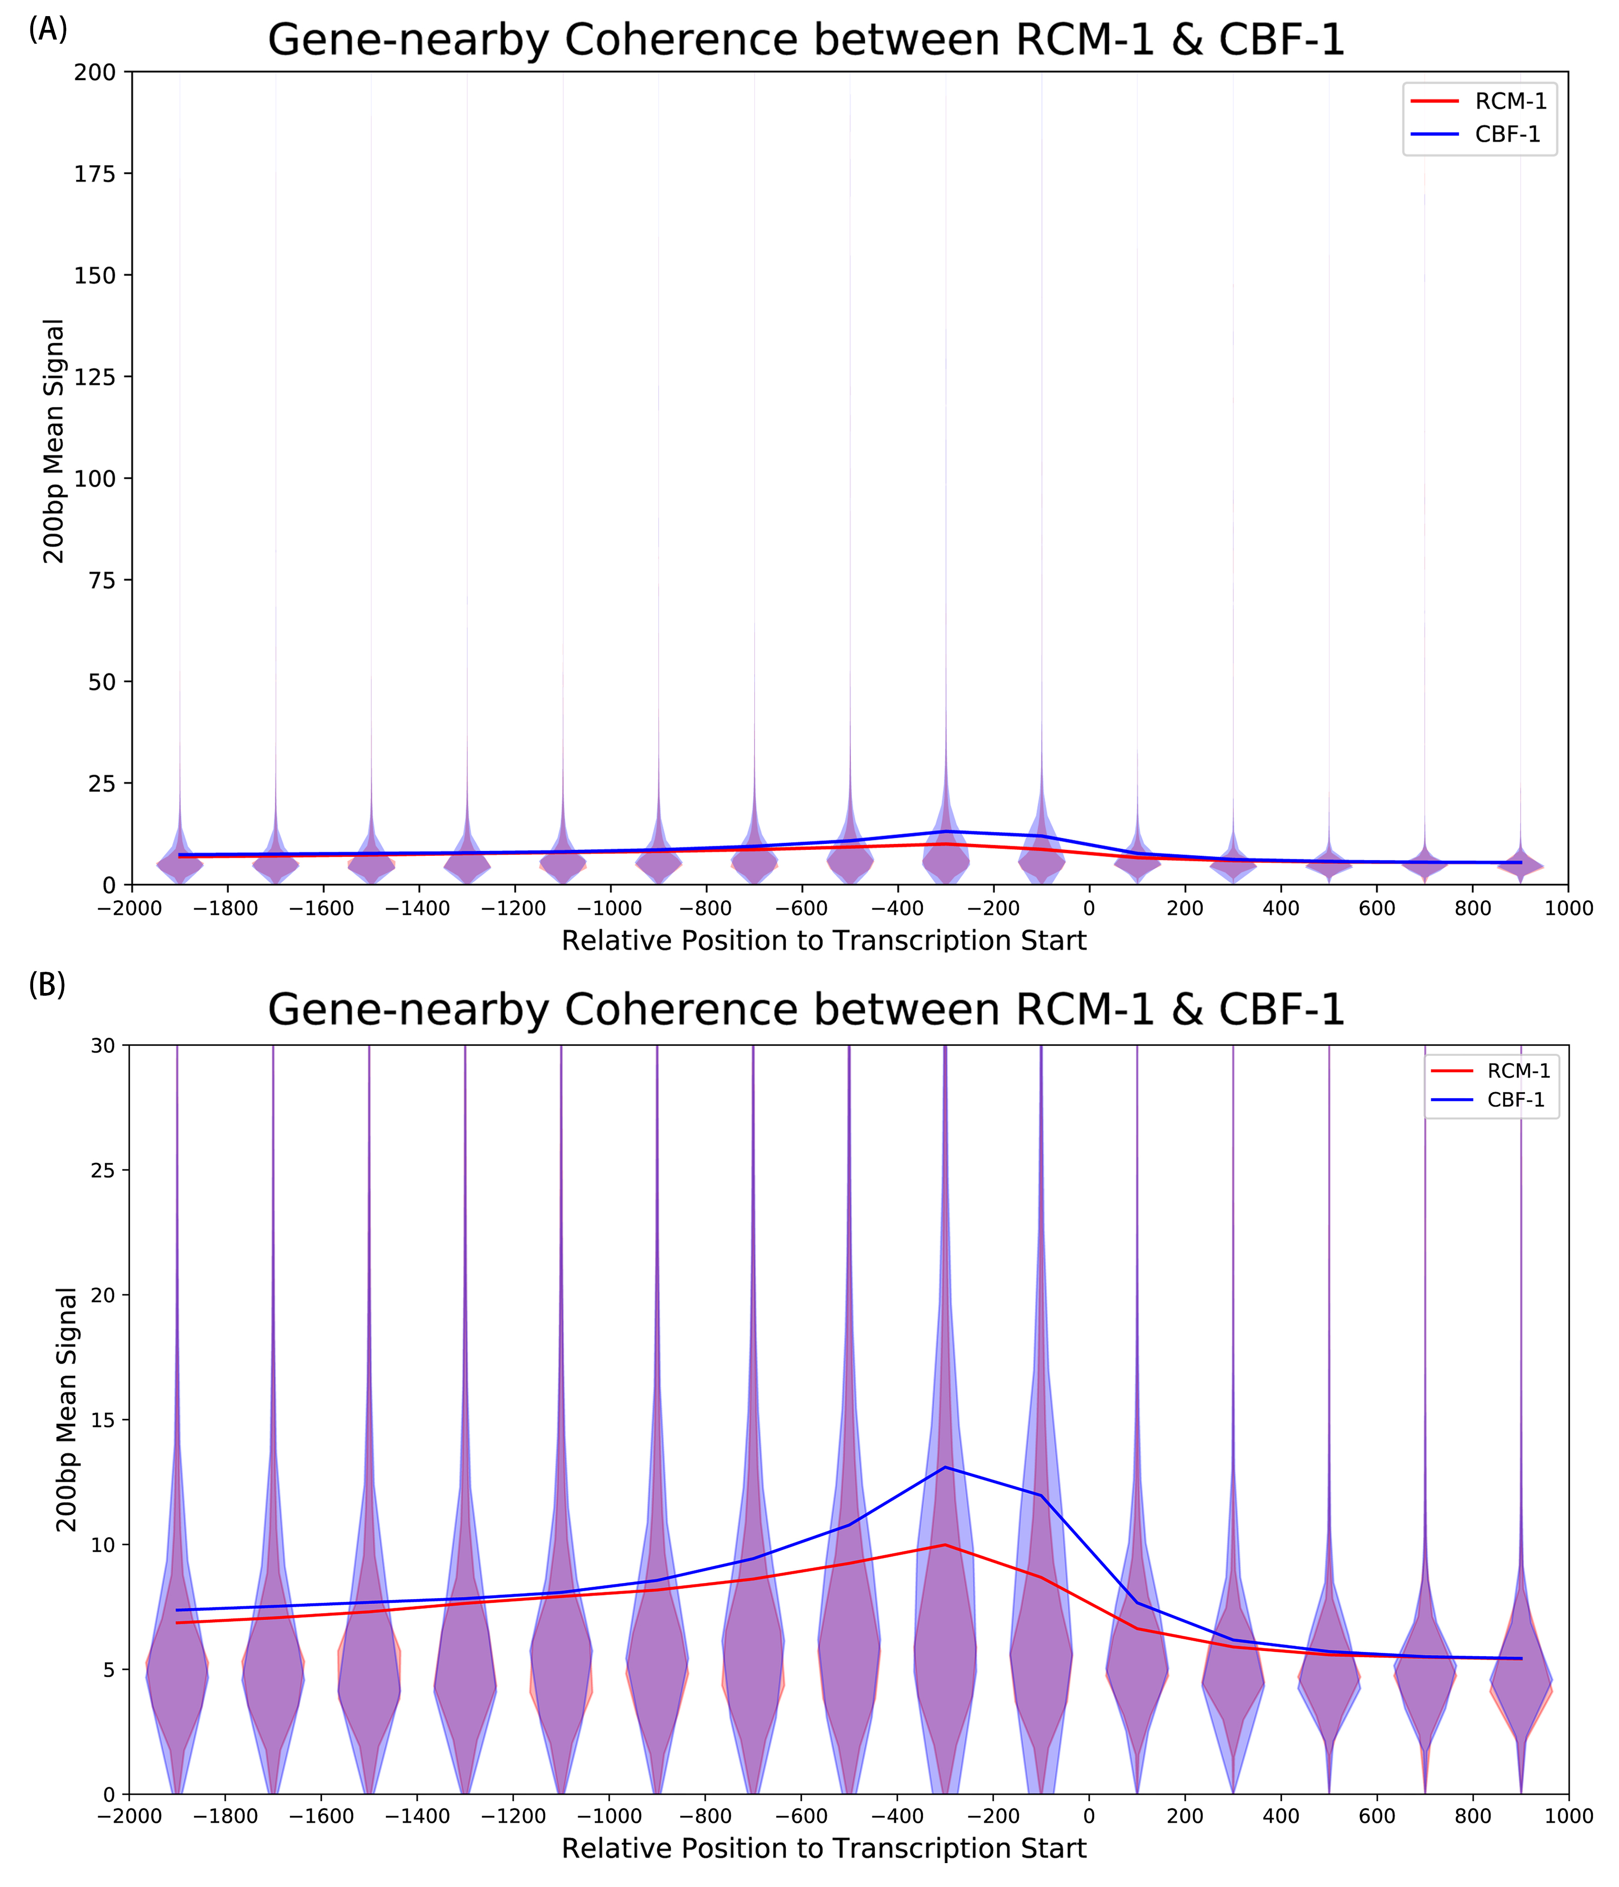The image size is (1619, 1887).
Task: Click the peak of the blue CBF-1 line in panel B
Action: tap(945, 1467)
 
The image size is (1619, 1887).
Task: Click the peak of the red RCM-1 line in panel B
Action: tap(945, 1544)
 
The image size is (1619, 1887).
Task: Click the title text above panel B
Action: tap(806, 1010)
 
